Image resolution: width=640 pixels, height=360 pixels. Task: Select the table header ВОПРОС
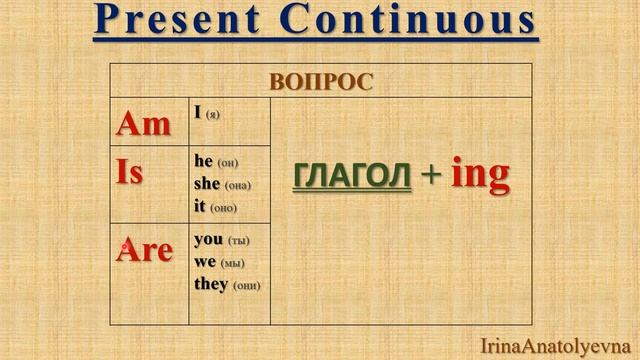pos(320,82)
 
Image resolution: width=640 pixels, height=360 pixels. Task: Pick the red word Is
pos(130,172)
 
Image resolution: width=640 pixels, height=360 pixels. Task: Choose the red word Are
pos(145,250)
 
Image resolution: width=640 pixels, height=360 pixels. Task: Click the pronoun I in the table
pos(198,114)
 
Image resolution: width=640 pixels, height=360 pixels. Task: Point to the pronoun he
pos(203,162)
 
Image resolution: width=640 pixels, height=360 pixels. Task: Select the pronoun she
pos(207,184)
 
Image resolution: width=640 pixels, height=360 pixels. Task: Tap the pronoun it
pos(200,206)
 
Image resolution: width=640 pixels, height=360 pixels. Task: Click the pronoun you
pos(207,240)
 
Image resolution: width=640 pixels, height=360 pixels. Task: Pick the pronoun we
pos(205,262)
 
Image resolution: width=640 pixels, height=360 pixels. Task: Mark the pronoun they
pos(211,284)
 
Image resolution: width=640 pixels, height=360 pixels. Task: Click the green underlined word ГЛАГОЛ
pos(352,175)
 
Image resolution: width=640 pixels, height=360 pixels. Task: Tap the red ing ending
pos(480,175)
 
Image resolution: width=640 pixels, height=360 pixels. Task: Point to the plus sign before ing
pos(430,176)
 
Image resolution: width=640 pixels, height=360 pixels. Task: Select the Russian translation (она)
pos(237,185)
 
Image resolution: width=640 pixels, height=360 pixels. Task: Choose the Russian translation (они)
pos(246,285)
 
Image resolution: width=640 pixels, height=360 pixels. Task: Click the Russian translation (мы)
pos(232,263)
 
